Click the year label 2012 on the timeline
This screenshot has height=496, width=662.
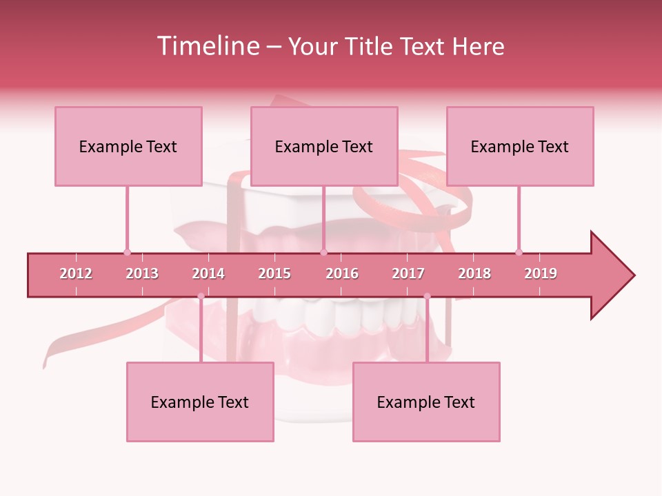point(76,273)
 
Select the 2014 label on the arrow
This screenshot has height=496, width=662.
point(208,273)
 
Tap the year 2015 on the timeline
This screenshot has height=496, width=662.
point(274,273)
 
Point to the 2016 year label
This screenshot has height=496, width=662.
point(342,273)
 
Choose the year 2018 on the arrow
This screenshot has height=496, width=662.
point(474,273)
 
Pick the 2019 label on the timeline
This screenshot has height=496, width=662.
point(541,273)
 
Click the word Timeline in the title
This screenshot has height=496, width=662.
point(208,46)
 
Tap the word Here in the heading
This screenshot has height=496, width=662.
point(478,46)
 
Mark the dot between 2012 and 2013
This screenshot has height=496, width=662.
point(127,252)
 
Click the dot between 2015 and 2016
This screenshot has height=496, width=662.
point(323,252)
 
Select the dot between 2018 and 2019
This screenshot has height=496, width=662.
point(519,252)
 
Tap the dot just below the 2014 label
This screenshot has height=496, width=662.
point(201,296)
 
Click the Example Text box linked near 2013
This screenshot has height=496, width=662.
point(128,146)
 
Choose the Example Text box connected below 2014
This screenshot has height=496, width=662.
point(200,402)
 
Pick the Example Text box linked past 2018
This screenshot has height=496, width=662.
point(520,146)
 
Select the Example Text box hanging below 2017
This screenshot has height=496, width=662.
point(426,402)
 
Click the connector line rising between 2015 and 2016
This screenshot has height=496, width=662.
point(323,219)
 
